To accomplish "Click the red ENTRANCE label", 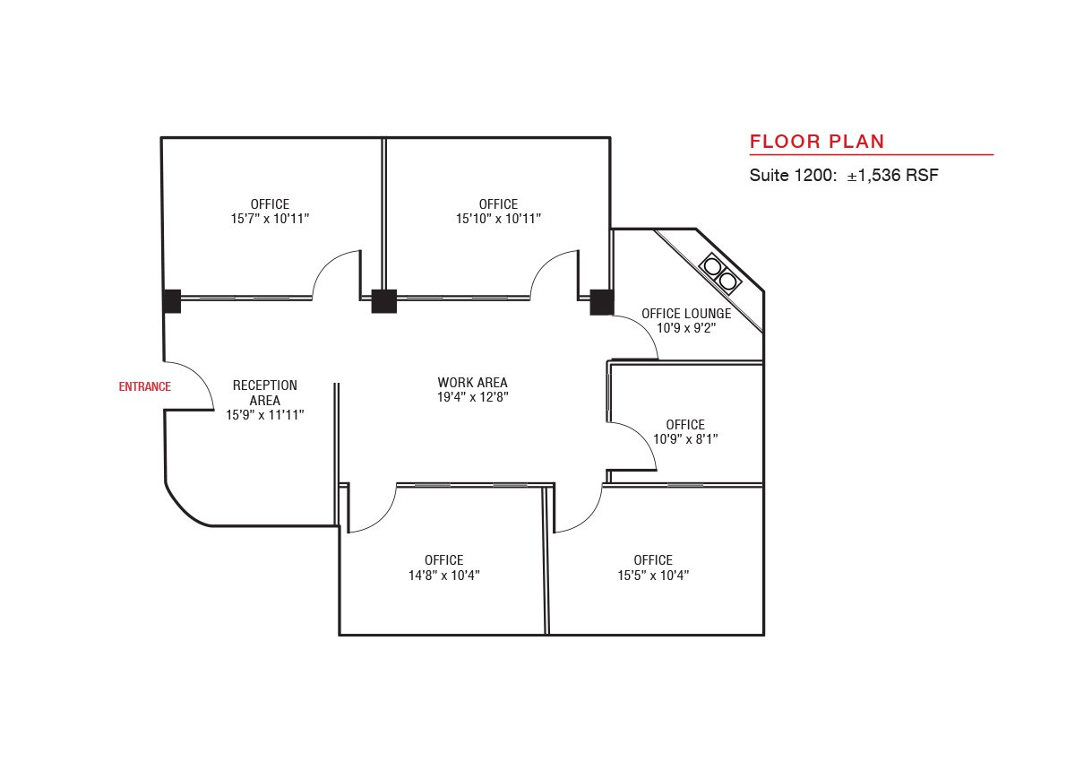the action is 144,386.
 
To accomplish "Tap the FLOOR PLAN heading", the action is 817,142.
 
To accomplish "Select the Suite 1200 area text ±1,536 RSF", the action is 892,175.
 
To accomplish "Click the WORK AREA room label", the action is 472,383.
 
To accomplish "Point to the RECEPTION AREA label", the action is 265,393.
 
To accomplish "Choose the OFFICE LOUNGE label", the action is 686,314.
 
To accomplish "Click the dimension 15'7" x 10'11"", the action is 270,219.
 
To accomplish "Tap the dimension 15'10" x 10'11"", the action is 498,219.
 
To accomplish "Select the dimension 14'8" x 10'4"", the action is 444,576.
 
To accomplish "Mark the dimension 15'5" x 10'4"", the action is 653,576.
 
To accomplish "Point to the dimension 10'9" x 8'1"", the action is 685,439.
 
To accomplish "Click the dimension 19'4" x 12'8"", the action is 473,397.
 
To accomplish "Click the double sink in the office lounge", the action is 720,273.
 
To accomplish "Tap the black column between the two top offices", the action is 384,301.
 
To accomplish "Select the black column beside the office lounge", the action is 602,302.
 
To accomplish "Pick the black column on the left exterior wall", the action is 172,301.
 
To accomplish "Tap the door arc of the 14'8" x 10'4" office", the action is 383,518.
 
